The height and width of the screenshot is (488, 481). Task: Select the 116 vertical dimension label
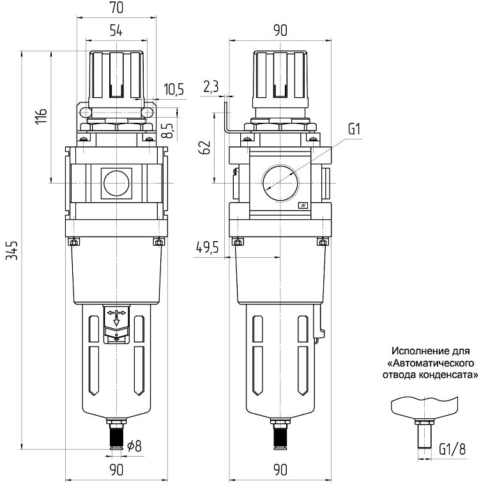(42, 117)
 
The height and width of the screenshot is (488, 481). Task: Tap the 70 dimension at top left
(116, 9)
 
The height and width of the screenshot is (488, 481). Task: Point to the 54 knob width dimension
(116, 29)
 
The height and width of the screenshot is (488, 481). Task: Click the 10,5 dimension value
(173, 90)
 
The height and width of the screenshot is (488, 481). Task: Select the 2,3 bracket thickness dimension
(211, 86)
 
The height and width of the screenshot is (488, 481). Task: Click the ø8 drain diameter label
(134, 446)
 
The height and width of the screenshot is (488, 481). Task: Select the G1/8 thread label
(452, 450)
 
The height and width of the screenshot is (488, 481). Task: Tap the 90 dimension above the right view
(280, 30)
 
